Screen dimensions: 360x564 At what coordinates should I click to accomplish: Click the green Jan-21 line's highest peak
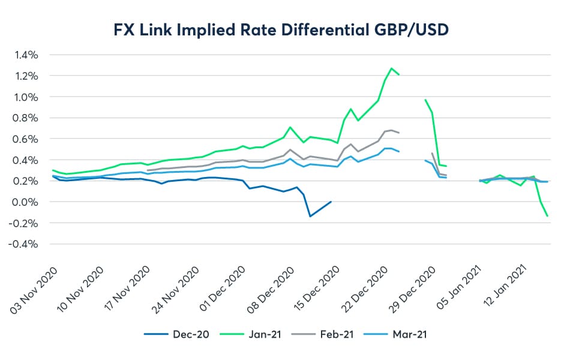pos(391,68)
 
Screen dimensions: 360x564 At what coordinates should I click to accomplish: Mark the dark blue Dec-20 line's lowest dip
pos(310,216)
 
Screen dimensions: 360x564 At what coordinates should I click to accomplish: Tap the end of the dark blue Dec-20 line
pos(331,202)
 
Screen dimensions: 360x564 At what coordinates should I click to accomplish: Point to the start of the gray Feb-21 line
pos(148,170)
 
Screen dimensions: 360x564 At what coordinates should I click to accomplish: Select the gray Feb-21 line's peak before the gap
pos(392,130)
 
